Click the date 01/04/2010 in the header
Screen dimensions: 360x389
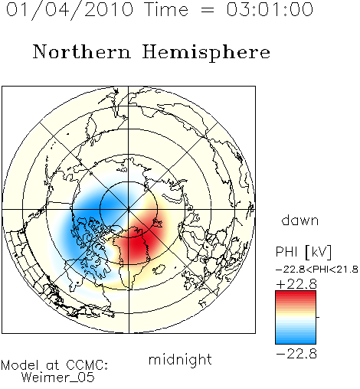[70, 10]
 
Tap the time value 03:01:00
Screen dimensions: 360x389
[270, 9]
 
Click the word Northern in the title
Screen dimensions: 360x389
[82, 51]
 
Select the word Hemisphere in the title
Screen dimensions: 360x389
[206, 53]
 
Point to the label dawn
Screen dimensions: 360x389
[300, 220]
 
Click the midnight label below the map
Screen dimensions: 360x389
[180, 359]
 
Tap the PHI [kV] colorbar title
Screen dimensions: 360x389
[303, 252]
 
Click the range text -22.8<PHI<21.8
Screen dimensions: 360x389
[317, 270]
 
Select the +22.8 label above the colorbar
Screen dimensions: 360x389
[296, 284]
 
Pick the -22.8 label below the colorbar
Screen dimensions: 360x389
[296, 354]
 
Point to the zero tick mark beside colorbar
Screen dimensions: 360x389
[318, 317]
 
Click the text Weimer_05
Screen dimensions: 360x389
[58, 377]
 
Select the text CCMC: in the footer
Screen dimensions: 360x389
[87, 365]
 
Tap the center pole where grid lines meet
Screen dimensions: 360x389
[129, 209]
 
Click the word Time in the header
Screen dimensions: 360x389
[166, 9]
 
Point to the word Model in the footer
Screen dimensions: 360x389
[20, 365]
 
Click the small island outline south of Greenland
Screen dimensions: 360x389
[159, 270]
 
